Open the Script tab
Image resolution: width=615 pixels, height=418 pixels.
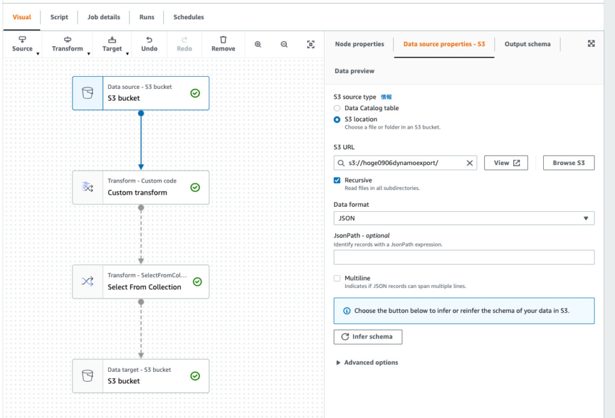coord(59,17)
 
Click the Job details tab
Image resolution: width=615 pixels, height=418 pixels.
coord(104,17)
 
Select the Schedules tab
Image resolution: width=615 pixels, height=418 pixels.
coord(188,17)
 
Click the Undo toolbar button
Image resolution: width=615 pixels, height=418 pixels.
coord(149,44)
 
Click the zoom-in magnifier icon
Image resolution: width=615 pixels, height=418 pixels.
coord(258,44)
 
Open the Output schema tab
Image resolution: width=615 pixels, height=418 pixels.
coord(527,44)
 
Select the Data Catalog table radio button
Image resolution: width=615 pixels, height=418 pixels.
coord(337,108)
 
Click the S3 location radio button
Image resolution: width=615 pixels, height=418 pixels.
coord(337,120)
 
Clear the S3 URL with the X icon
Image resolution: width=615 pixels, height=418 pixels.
coord(470,163)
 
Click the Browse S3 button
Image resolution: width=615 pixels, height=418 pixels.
coord(569,163)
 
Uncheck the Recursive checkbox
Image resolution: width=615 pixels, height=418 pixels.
coord(337,181)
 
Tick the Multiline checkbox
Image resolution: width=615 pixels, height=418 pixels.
coord(337,278)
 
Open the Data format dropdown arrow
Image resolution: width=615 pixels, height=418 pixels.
coord(586,218)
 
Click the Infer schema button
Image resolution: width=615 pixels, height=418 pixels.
coord(368,337)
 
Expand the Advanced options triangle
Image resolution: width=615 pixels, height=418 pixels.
coord(338,363)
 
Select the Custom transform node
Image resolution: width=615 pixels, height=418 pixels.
coord(141,188)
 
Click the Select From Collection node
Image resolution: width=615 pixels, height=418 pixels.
coord(141,282)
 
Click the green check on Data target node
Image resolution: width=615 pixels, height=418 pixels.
coord(195,376)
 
